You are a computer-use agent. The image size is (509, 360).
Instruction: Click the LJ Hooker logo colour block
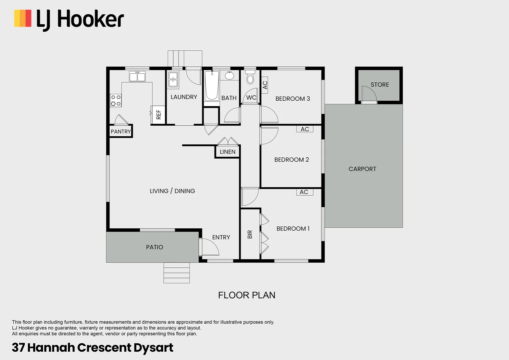(x=23, y=18)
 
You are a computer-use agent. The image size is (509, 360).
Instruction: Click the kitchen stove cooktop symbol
(x=116, y=100)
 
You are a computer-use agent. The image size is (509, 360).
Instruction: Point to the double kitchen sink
(x=137, y=77)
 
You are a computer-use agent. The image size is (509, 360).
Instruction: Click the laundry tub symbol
(x=173, y=80)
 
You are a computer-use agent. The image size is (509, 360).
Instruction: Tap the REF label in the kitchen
(x=159, y=114)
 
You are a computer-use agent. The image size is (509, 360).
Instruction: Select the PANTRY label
(x=121, y=131)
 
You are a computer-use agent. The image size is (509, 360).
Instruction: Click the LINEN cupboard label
(x=228, y=152)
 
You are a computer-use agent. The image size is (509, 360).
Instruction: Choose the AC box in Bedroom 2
(x=305, y=129)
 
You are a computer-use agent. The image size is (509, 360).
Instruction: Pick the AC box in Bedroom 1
(x=304, y=192)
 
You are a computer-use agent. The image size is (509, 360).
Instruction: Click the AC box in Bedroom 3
(x=265, y=85)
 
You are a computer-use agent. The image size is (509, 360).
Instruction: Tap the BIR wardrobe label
(x=250, y=234)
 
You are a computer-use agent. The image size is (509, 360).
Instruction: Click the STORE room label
(x=380, y=85)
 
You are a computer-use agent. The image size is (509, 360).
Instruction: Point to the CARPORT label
(x=362, y=169)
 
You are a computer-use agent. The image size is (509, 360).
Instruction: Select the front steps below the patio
(x=177, y=273)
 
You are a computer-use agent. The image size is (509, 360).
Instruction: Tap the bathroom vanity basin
(x=230, y=76)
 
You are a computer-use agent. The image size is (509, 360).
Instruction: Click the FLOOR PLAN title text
(x=247, y=295)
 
